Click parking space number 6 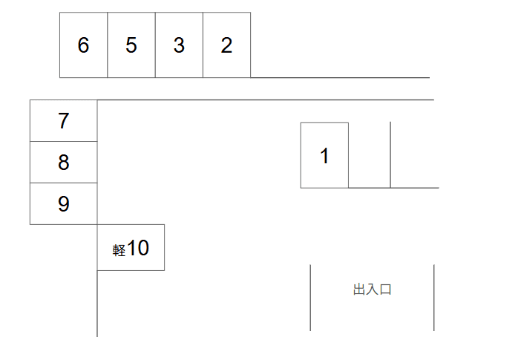pos(83,45)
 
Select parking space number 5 pos(131,45)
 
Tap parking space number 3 pos(179,45)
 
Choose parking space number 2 pos(226,45)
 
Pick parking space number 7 pos(63,121)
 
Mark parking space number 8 pos(63,163)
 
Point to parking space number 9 pos(63,204)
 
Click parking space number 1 pos(324,156)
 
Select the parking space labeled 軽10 pos(131,248)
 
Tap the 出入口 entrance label pos(372,289)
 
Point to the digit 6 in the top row pos(83,45)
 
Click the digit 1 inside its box pos(324,157)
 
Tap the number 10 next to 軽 pos(138,249)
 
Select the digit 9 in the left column pos(63,204)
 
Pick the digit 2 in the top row pos(226,45)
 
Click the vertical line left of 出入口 pos(310,297)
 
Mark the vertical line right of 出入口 pos(434,297)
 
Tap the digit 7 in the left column pos(63,121)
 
